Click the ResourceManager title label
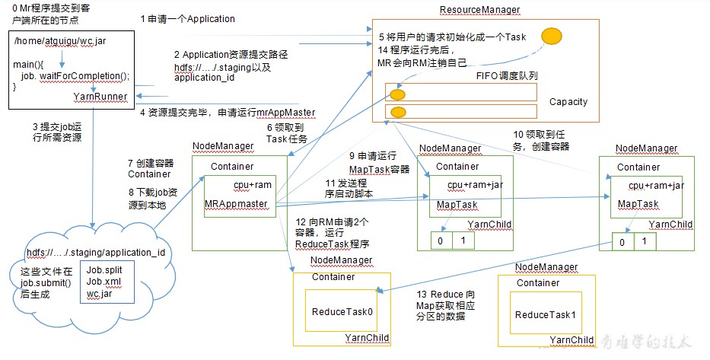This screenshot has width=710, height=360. tap(479, 10)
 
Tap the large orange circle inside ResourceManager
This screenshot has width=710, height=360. tap(552, 37)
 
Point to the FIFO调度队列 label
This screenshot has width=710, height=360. tap(507, 75)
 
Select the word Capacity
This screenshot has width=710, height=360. tap(568, 102)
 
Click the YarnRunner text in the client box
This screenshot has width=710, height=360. tap(100, 97)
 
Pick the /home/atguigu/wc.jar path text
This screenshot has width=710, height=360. tap(60, 41)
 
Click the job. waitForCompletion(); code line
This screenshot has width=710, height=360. tap(75, 76)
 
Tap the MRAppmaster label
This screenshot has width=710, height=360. tap(237, 204)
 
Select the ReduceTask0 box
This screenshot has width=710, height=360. tap(342, 311)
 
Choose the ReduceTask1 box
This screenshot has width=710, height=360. tap(546, 314)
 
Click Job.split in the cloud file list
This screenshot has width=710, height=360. tap(104, 270)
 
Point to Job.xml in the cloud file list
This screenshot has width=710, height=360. tap(103, 282)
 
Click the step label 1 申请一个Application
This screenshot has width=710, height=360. tap(187, 19)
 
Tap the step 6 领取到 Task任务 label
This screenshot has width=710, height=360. tap(286, 134)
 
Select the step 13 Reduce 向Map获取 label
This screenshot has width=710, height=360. tap(446, 305)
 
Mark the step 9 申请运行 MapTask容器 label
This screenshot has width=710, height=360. tap(379, 163)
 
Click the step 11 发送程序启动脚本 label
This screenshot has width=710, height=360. tap(347, 189)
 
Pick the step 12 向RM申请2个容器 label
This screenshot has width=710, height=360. tap(333, 233)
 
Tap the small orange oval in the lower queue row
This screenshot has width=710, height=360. tap(398, 112)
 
